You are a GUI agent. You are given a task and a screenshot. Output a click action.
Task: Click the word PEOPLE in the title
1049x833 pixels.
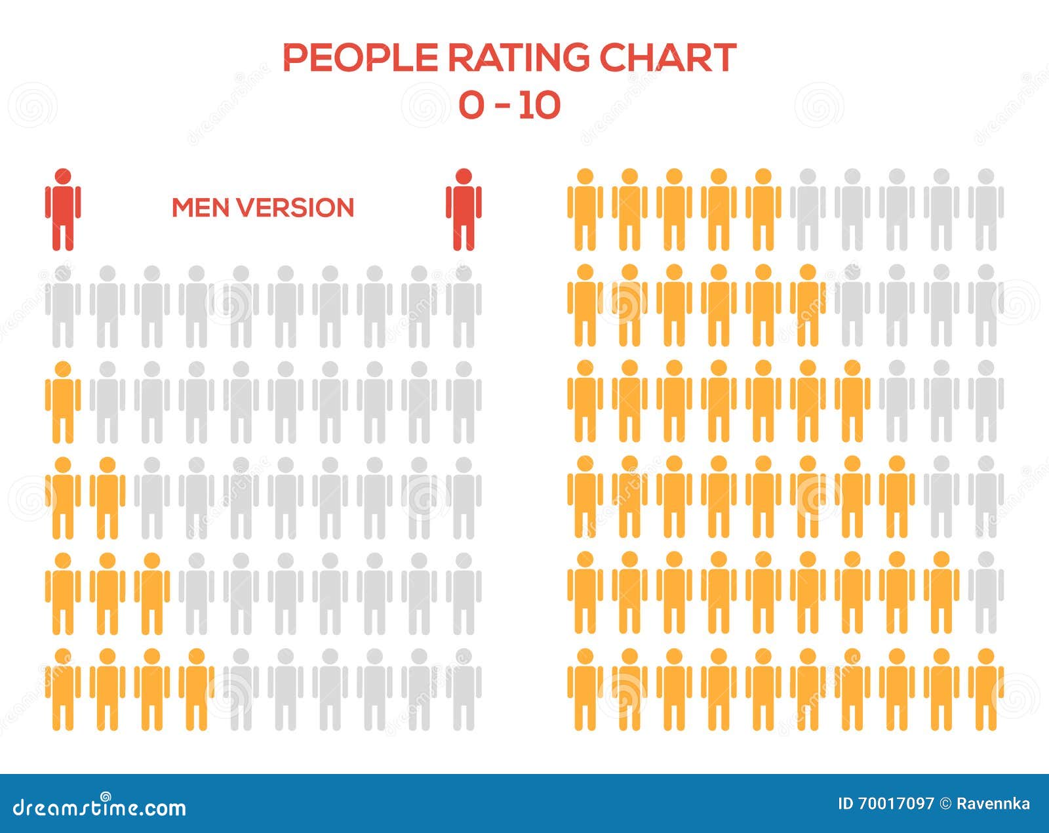[359, 58]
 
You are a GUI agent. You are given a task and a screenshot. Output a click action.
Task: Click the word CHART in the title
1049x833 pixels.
[667, 58]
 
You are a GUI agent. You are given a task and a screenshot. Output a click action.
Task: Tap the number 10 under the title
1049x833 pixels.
[538, 105]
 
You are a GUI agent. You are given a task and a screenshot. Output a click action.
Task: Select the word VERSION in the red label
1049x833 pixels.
[295, 208]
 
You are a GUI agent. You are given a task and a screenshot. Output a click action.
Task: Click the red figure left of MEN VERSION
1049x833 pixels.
[63, 210]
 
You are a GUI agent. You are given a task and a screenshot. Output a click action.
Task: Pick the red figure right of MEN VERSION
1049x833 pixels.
[464, 210]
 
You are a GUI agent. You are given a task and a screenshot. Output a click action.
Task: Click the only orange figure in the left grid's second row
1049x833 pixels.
[63, 401]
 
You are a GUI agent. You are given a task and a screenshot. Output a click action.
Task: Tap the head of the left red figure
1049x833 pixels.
[63, 176]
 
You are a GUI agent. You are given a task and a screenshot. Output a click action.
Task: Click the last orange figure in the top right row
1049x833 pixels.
[763, 210]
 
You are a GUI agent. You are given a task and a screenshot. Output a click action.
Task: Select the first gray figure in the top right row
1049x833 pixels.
[808, 210]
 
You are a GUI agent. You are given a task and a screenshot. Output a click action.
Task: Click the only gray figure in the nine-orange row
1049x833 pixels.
[986, 593]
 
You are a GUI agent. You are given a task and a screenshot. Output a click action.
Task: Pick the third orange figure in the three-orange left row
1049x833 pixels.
[152, 593]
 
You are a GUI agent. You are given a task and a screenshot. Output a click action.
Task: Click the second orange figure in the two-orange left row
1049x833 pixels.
[108, 497]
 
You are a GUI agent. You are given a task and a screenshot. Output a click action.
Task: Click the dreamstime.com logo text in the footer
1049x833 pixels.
[100, 807]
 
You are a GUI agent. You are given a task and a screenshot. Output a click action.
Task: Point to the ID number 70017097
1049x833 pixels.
[895, 803]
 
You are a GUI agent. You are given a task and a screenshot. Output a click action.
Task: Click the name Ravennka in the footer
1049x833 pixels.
[993, 803]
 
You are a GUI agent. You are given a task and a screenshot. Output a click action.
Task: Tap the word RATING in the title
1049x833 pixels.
[518, 58]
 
